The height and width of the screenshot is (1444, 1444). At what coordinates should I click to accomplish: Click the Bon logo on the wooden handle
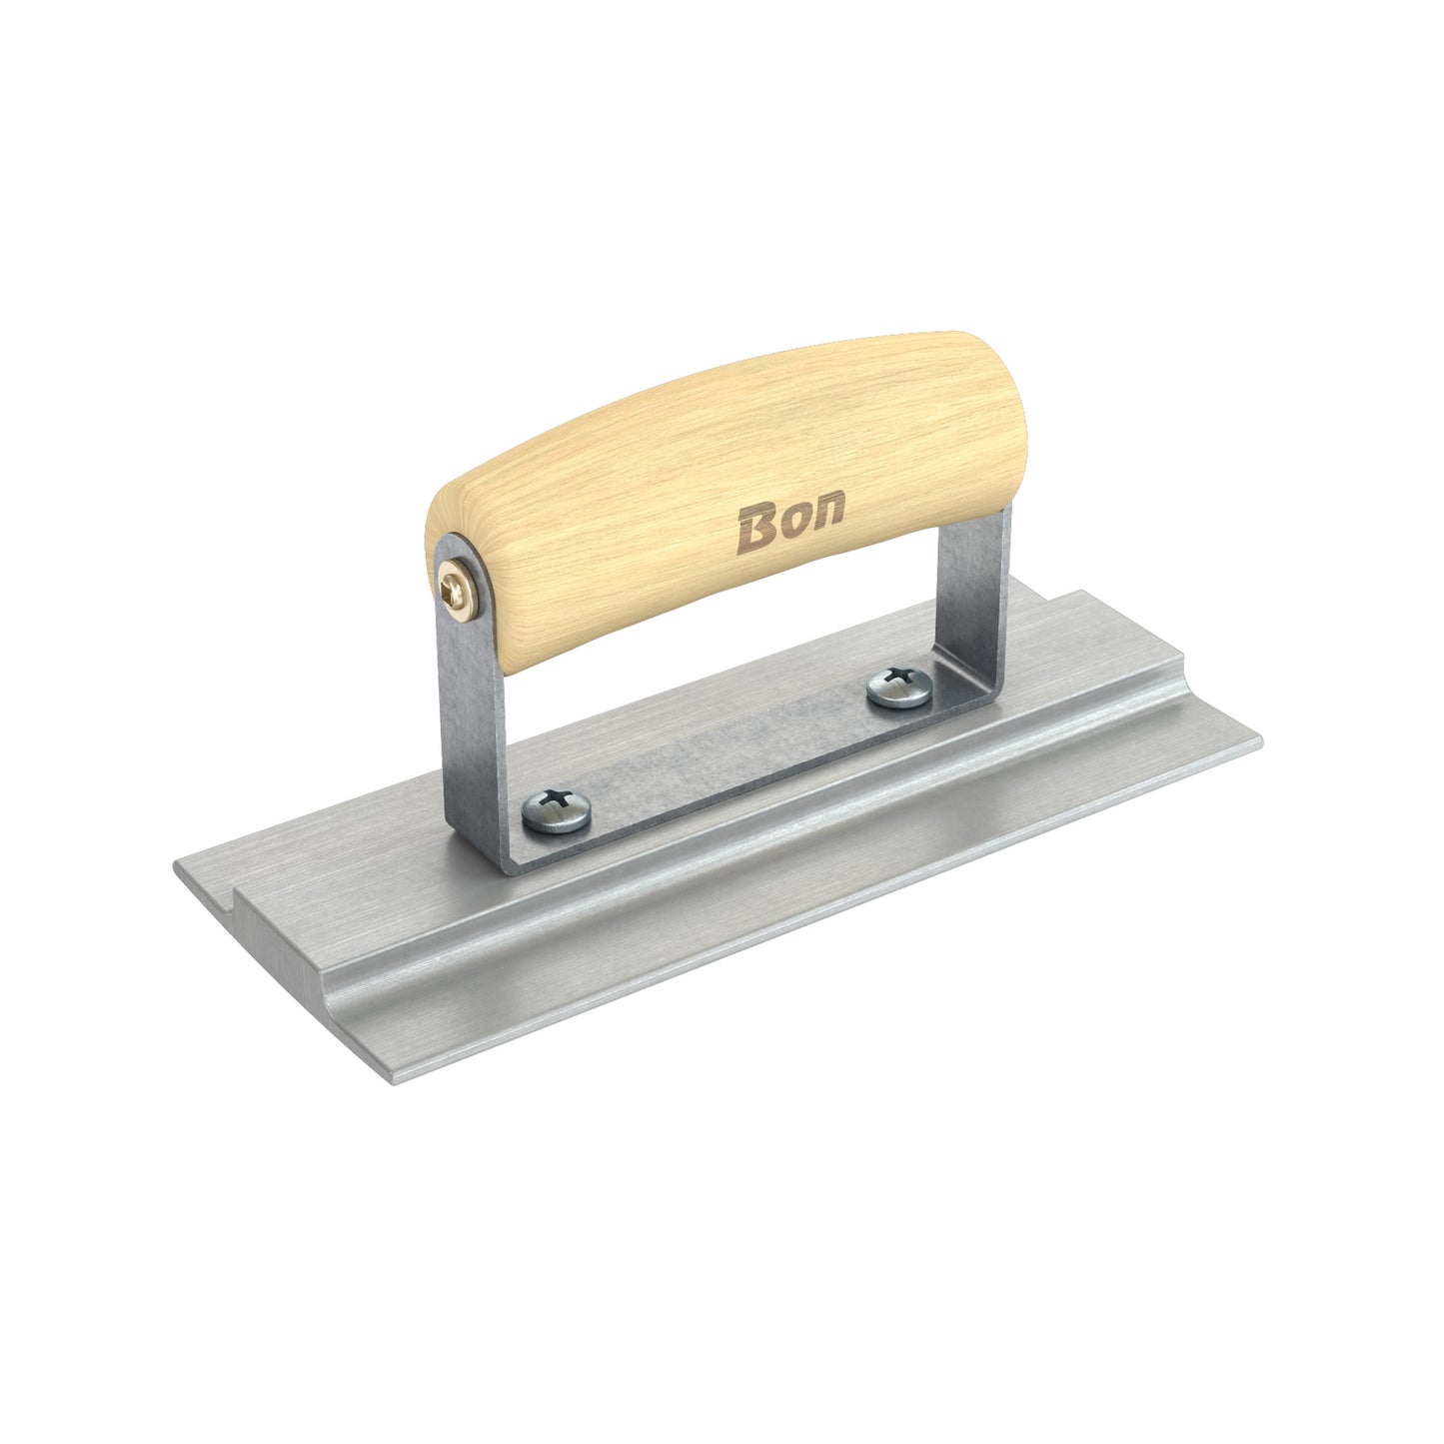(x=789, y=522)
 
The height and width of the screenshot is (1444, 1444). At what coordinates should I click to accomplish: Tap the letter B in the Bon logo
(x=755, y=529)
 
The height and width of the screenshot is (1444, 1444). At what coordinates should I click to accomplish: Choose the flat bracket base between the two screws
(x=729, y=744)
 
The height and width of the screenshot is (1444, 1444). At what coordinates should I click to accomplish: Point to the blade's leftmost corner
(x=176, y=867)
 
